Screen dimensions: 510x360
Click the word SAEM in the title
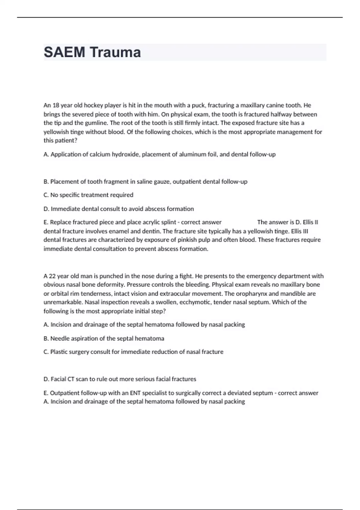click(64, 52)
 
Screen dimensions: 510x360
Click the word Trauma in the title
click(115, 52)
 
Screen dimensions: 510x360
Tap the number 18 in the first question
click(56, 105)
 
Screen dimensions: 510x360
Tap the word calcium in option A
click(100, 154)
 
